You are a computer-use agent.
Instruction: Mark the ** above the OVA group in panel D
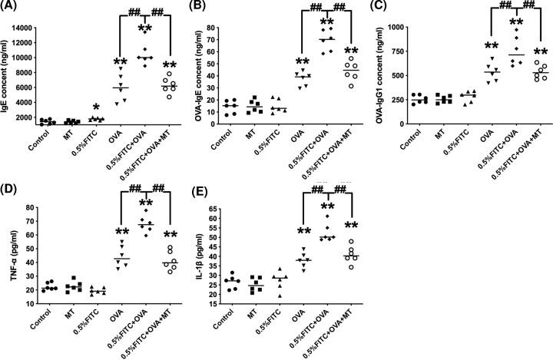[x=121, y=233]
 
